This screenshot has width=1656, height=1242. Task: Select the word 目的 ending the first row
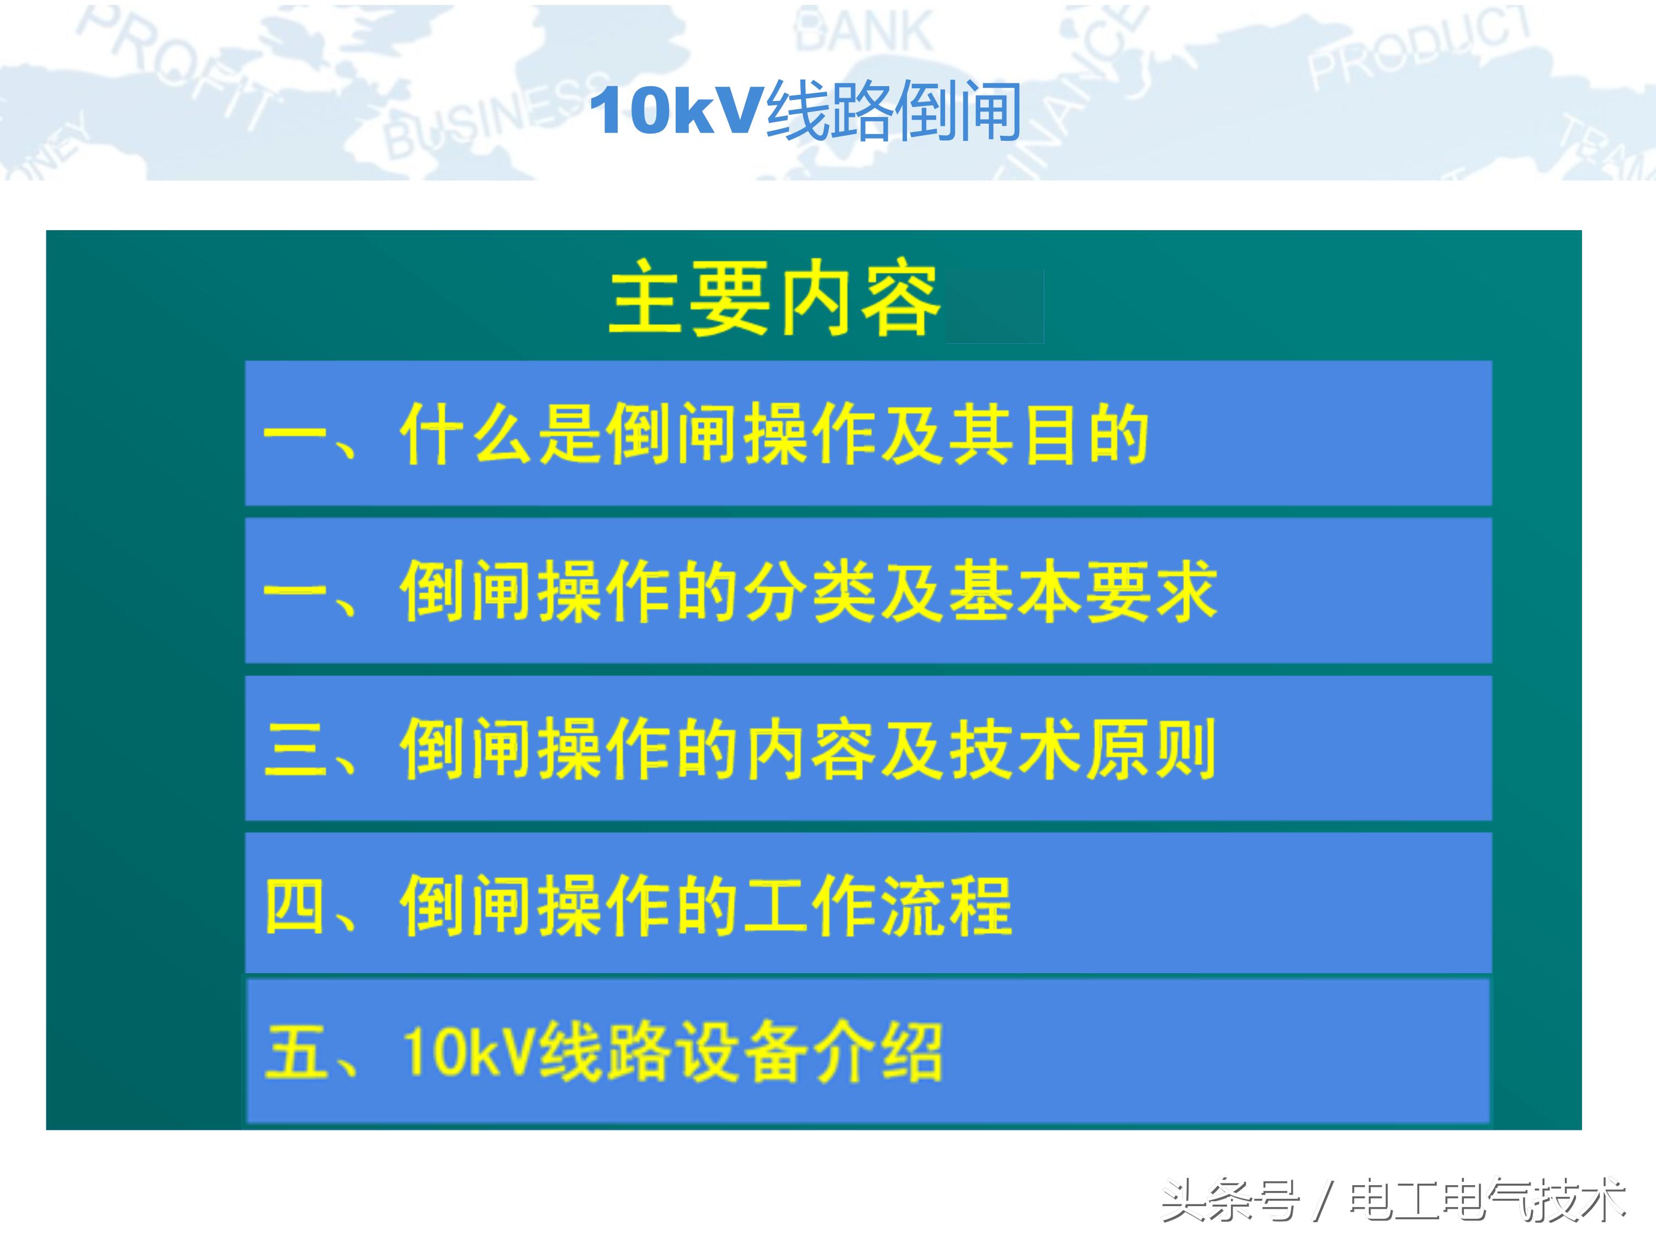[x=1086, y=434]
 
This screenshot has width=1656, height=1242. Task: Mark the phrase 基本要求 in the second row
[x=1082, y=591]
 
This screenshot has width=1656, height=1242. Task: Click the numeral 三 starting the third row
[x=294, y=749]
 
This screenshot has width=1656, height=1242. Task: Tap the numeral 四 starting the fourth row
[x=294, y=906]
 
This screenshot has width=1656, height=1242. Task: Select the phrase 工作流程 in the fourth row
[x=880, y=906]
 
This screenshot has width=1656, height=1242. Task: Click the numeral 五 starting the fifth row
[x=294, y=1052]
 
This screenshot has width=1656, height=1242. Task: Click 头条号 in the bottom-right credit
[x=1229, y=1200]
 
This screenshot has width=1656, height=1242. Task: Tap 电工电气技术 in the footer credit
[x=1486, y=1200]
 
